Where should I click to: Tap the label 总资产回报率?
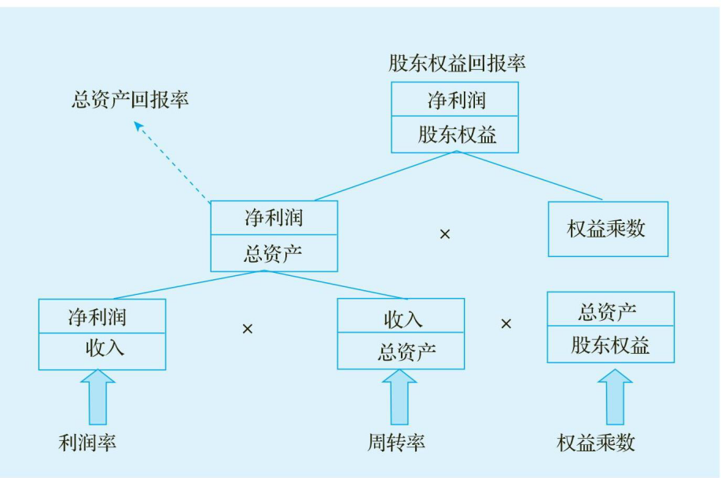point(131,101)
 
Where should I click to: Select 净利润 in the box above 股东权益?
point(456,100)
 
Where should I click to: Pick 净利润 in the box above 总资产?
point(274,219)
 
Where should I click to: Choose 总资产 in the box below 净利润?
point(274,253)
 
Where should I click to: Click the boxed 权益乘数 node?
point(607,230)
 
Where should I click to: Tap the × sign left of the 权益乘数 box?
point(445,234)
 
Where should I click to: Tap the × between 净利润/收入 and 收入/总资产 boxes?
point(248,328)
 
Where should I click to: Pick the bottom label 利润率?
point(87,443)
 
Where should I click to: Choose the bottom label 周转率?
point(396,443)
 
